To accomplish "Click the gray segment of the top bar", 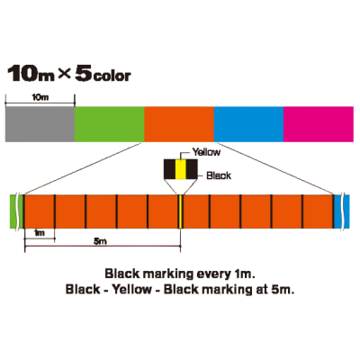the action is point(40,124).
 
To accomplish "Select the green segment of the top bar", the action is point(110,124).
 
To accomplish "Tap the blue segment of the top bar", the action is point(248,124).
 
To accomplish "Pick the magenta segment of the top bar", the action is point(319,124).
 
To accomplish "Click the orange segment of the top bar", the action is point(179,124).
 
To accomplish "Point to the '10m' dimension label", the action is point(40,98).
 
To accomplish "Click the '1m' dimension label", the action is point(40,233).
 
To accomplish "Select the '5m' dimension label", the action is point(100,241).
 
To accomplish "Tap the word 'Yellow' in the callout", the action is point(206,152).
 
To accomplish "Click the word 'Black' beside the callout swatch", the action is point(219,175).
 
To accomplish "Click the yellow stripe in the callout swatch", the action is point(181,168).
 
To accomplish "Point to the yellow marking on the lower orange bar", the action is point(181,211).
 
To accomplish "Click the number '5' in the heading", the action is point(84,75).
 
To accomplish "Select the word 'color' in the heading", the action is point(112,76).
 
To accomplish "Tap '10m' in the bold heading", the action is point(31,75).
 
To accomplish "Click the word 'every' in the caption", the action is point(212,274).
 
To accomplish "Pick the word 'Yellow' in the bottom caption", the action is point(131,290).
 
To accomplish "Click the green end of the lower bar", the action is point(14,211).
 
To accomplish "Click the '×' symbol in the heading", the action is point(64,75).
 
